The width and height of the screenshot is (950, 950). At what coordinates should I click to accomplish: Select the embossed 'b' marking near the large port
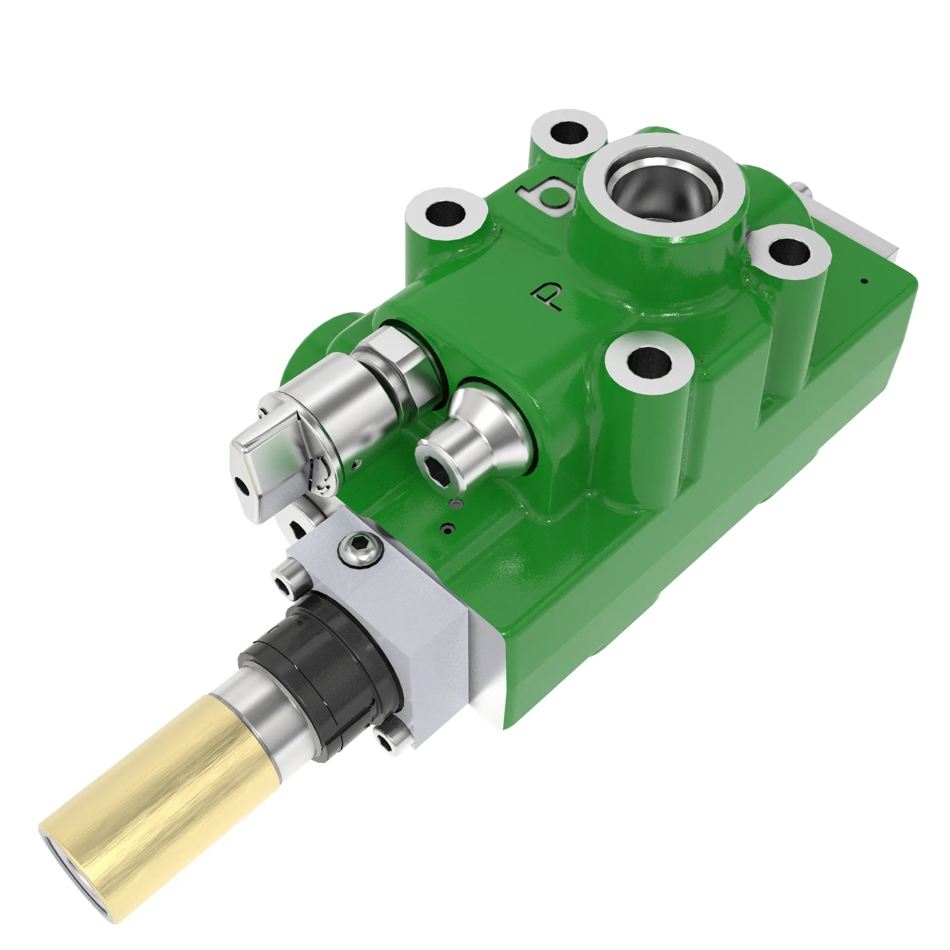tap(546, 197)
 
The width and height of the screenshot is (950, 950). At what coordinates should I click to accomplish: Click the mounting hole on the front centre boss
tap(649, 362)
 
